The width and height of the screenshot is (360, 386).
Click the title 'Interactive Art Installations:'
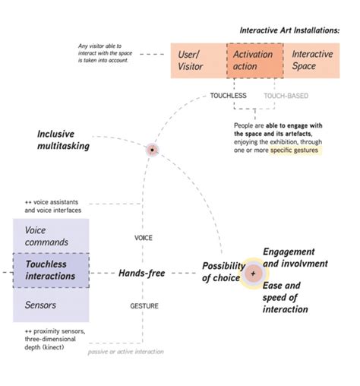coord(289,30)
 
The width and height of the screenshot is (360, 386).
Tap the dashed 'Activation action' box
coord(254,61)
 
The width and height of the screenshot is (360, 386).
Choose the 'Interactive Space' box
coord(312,61)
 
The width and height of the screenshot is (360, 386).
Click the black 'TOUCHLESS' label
coord(229,96)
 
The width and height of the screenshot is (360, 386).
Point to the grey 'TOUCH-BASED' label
coord(286,96)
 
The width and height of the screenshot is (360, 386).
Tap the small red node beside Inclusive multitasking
coord(153,150)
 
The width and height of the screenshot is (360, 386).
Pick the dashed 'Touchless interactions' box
coord(51,270)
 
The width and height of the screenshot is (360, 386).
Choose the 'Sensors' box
coord(39,305)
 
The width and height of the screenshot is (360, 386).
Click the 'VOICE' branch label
coord(144,238)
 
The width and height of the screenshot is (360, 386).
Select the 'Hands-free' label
coord(142,272)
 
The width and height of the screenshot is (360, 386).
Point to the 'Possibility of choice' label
coord(222,271)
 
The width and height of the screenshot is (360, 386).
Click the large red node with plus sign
coord(253,272)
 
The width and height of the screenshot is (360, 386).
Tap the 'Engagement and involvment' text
coord(295,258)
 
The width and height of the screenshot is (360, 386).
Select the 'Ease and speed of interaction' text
coord(285,298)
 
